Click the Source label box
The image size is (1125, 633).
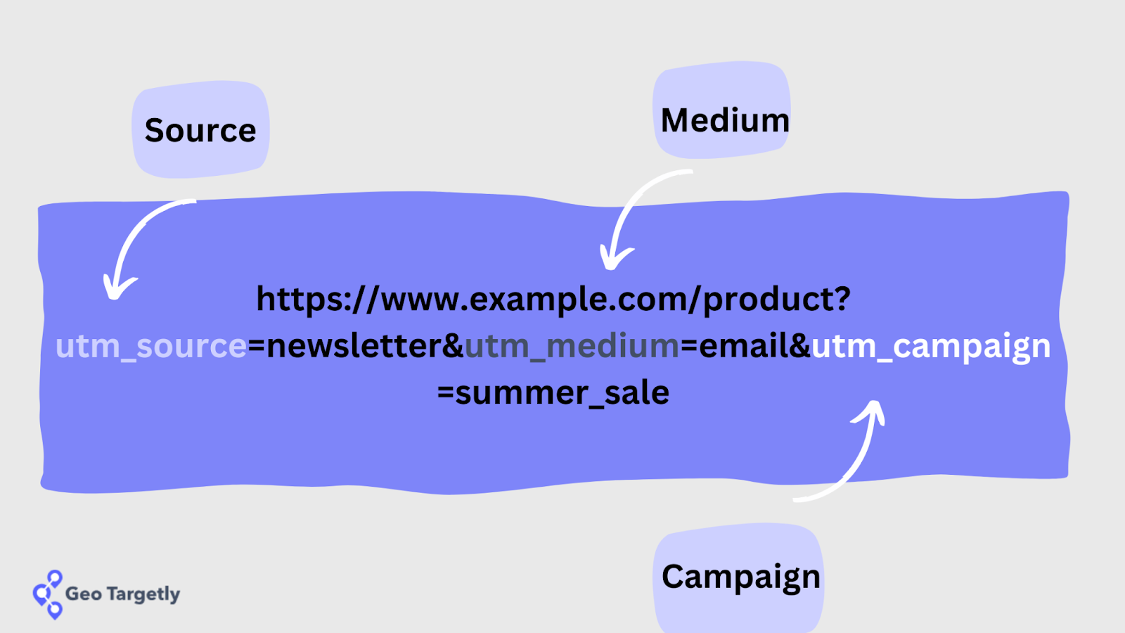coord(200,129)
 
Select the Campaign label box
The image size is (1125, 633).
coord(740,577)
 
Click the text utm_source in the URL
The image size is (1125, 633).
coord(151,346)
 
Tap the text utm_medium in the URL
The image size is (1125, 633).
coord(572,346)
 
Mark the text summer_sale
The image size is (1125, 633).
coord(562,393)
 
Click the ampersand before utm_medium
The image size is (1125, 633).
coord(453,346)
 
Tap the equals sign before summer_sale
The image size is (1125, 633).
coord(445,393)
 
